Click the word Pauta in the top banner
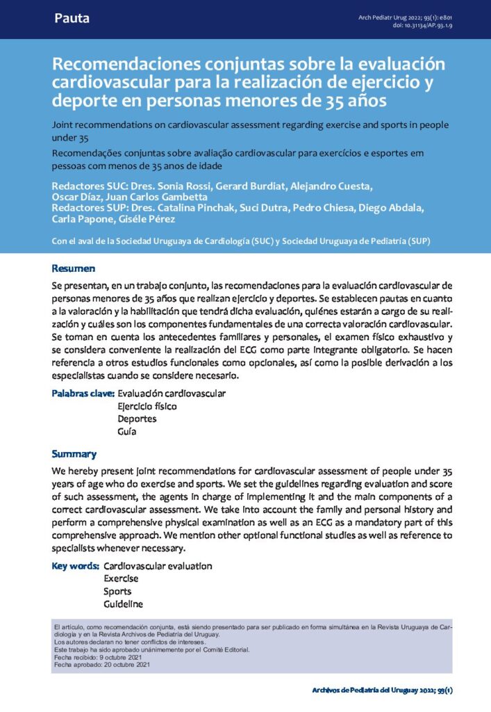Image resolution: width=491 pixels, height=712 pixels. tap(72, 19)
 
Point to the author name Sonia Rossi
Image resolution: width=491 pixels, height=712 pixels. tap(181, 186)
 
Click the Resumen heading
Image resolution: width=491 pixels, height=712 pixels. tap(74, 268)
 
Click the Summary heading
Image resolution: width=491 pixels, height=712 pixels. tap(74, 454)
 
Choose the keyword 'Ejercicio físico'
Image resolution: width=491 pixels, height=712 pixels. tap(147, 406)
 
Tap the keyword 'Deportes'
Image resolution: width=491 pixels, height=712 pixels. tap(137, 419)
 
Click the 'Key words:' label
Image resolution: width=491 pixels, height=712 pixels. tap(76, 566)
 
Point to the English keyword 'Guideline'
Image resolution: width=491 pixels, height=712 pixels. tap(123, 604)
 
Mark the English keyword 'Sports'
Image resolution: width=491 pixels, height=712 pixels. tap(117, 591)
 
